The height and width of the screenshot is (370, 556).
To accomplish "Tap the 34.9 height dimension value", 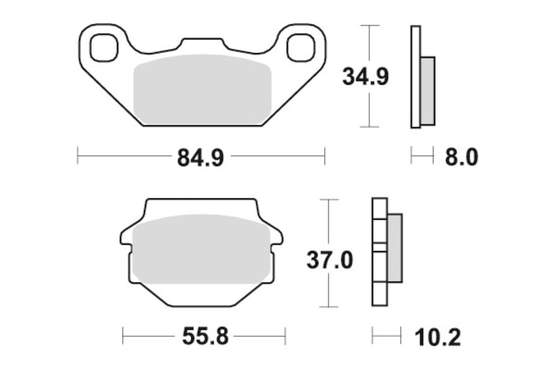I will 365,76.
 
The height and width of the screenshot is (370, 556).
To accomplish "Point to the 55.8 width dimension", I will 204,337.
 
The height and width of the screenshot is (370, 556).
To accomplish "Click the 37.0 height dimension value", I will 330,260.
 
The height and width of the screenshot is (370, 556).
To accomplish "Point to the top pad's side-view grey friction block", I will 427,90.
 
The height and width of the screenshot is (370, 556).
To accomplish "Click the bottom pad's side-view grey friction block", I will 394,247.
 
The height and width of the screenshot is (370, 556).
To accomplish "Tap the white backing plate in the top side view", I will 416,76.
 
